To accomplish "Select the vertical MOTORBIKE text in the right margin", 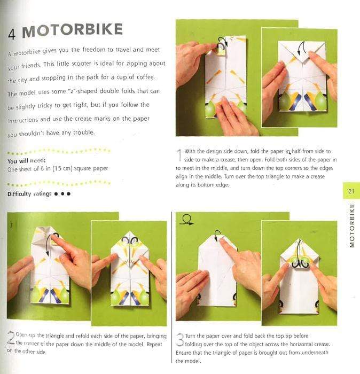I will (x=351, y=225).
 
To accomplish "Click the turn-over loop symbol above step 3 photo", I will (x=187, y=219).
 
